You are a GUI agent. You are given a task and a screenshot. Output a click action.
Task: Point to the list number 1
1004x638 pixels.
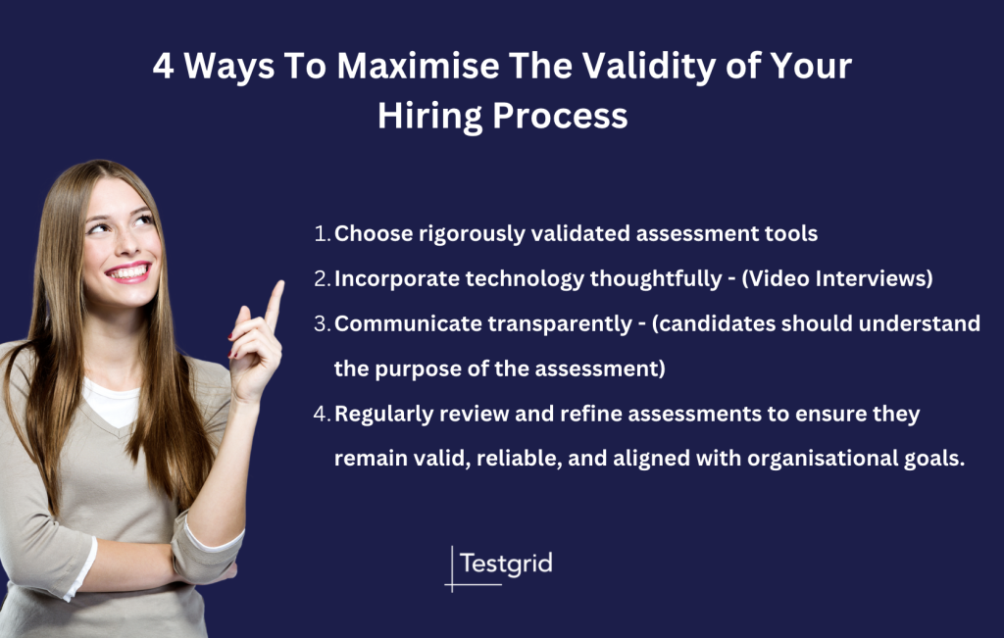(321, 234)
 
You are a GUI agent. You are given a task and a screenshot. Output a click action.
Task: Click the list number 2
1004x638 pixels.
(322, 278)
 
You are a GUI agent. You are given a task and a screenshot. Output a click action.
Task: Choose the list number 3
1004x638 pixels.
(322, 324)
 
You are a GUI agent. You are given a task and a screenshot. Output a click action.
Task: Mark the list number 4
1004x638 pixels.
(322, 415)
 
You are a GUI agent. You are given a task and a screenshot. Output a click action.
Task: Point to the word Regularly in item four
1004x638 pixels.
(385, 415)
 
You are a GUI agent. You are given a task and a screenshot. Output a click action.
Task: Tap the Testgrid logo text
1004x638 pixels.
(506, 564)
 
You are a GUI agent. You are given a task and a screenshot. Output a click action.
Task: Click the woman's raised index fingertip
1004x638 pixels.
(277, 287)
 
